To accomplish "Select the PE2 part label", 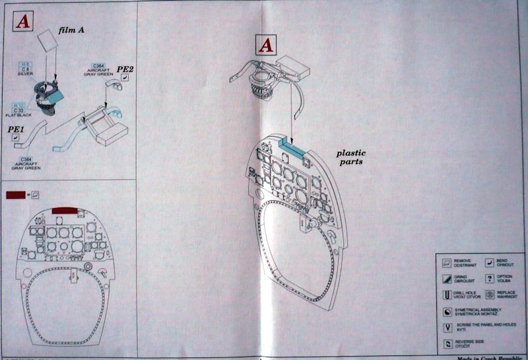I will click(125, 69).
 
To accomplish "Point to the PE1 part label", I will click(16, 130).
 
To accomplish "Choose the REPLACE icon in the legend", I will click(490, 295).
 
